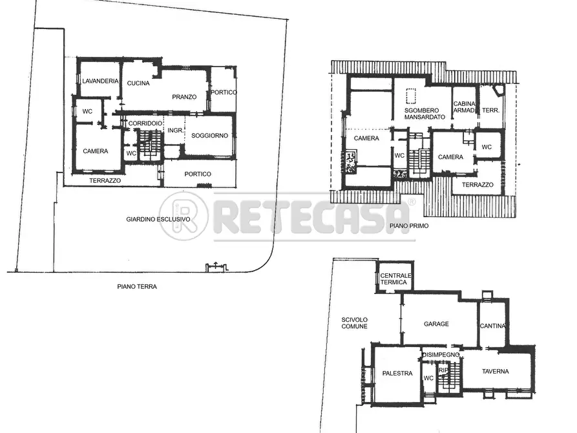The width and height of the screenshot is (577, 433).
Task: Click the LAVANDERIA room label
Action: click(100, 81)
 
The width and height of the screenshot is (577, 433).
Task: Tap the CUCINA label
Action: click(138, 83)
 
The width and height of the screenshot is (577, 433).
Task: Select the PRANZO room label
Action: click(184, 97)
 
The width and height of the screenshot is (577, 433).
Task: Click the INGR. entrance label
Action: click(175, 131)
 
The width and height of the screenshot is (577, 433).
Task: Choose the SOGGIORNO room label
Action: click(209, 136)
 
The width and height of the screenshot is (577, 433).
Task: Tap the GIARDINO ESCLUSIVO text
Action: click(158, 219)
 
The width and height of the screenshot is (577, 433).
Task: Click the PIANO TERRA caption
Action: click(137, 286)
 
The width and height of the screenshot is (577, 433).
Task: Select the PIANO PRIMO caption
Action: click(409, 226)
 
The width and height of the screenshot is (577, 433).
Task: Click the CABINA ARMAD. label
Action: click(465, 107)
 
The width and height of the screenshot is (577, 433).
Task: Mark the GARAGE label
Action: click(436, 324)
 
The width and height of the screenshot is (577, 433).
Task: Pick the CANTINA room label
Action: click(492, 326)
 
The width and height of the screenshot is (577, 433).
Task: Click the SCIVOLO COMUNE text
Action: click(355, 322)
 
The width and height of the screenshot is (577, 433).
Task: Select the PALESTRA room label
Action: click(397, 373)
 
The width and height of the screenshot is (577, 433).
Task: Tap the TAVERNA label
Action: click(495, 371)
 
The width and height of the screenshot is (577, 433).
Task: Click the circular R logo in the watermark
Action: click(184, 216)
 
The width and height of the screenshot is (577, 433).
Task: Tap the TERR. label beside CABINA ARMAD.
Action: click(490, 111)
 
